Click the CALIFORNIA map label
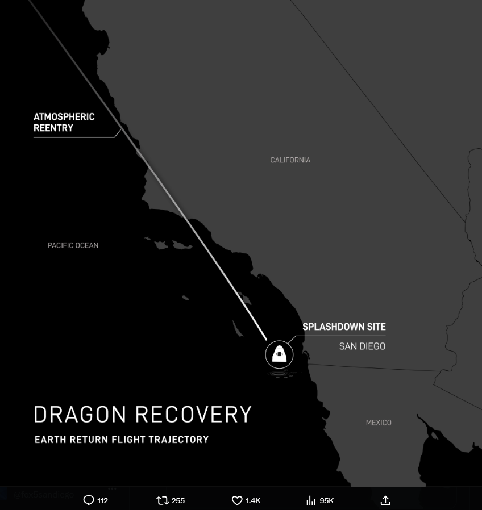click(x=290, y=160)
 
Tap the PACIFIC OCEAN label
click(x=73, y=245)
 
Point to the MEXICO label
click(x=379, y=423)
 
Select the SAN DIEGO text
click(x=362, y=346)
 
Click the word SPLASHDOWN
click(x=334, y=327)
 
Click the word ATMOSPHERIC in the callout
click(x=64, y=117)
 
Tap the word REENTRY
click(x=53, y=128)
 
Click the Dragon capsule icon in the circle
click(x=279, y=354)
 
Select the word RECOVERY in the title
click(x=197, y=415)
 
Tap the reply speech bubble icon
click(x=89, y=500)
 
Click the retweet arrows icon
click(x=163, y=500)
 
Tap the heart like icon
click(x=237, y=500)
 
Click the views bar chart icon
click(x=311, y=500)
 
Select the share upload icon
click(x=385, y=500)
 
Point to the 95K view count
click(x=327, y=500)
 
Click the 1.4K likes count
click(x=253, y=500)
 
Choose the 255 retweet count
click(x=178, y=500)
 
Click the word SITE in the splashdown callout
click(x=376, y=327)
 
